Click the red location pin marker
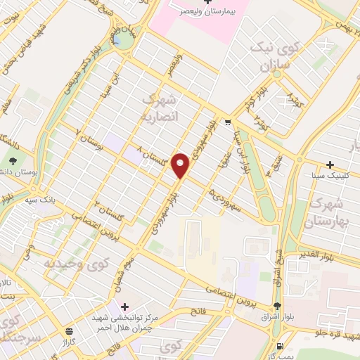click(x=181, y=165)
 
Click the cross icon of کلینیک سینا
click(x=329, y=164)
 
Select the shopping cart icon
click(x=227, y=122)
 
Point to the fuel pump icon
click(x=281, y=346)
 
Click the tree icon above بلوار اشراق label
click(x=277, y=306)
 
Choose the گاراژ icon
click(x=68, y=330)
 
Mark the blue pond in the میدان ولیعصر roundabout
click(x=123, y=39)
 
